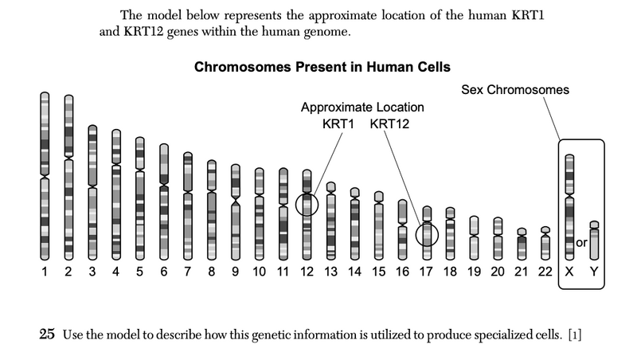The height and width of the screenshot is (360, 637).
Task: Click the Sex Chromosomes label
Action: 515,90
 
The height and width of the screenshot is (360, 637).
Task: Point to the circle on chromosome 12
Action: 307,205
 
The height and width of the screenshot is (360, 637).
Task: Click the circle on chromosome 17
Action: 428,234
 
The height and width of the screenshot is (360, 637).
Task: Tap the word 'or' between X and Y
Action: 581,242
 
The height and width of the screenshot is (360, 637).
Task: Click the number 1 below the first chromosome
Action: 45,272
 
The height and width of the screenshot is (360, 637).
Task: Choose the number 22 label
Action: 545,272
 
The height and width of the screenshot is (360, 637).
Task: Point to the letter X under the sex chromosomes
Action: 569,272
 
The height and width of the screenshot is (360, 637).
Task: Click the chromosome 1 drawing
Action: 45,175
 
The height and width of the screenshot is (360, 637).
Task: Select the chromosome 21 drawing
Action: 522,245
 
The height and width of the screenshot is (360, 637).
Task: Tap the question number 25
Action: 47,335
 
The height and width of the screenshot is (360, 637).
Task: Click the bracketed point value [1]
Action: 575,335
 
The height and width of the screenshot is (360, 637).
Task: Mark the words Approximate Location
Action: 362,108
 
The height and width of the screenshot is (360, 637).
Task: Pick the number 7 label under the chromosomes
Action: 188,272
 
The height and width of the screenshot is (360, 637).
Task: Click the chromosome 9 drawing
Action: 236,211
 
